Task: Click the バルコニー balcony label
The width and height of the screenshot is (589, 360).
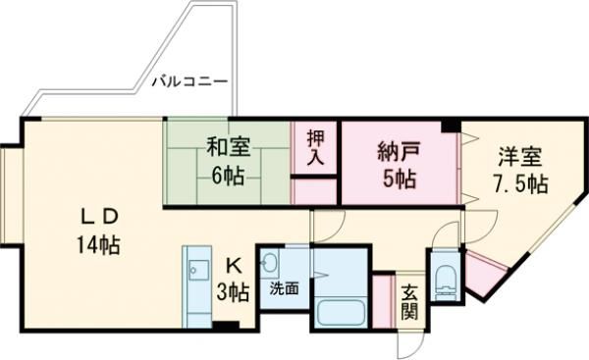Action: [189, 81]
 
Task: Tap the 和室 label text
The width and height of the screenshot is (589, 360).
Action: [229, 147]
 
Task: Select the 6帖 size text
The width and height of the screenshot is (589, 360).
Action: [228, 176]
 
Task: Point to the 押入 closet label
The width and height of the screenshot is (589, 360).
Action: [315, 148]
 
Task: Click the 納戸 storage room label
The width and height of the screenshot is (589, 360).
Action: [399, 152]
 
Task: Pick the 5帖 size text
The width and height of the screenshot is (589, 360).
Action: [400, 179]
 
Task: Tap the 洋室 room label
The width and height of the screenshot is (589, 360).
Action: [520, 157]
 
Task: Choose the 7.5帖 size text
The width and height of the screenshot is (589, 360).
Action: [520, 184]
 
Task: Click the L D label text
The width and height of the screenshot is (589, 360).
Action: [100, 216]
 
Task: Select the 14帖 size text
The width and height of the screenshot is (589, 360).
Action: [99, 245]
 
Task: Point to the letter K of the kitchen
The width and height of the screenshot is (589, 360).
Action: [234, 267]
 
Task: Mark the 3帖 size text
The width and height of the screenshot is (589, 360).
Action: [233, 292]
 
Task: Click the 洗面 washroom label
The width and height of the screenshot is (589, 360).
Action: [285, 288]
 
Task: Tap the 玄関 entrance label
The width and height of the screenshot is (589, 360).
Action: [409, 302]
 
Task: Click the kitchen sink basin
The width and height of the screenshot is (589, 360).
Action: [198, 270]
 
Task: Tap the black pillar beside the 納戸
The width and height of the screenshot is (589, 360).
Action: [451, 125]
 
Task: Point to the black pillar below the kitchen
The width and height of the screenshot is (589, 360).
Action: [226, 326]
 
